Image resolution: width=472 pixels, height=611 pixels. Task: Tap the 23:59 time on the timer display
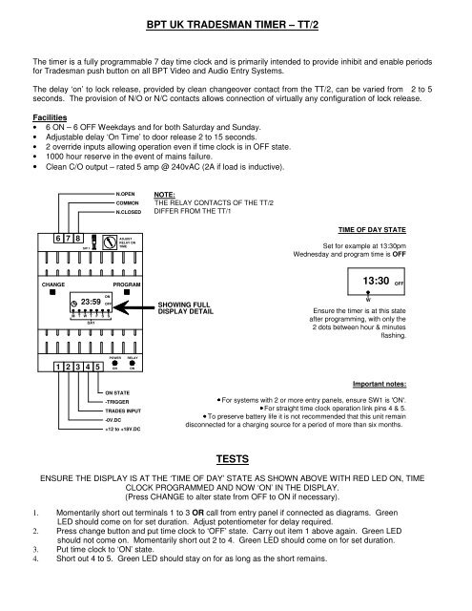point(86,302)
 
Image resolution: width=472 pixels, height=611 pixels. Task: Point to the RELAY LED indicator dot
point(133,364)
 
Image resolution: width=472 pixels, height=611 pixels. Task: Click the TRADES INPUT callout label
point(124,411)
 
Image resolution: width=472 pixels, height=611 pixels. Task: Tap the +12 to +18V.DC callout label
point(127,429)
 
